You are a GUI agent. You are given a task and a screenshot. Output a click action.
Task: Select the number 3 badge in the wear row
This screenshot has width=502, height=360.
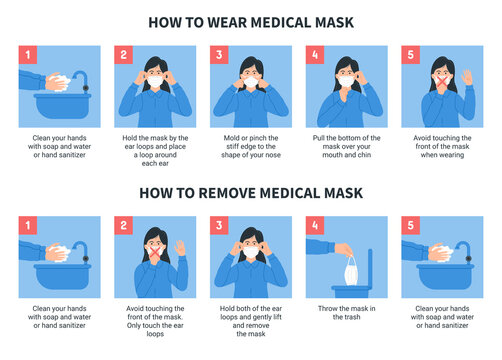(220, 55)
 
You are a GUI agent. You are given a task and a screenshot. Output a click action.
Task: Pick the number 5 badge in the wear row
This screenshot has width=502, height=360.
(411, 55)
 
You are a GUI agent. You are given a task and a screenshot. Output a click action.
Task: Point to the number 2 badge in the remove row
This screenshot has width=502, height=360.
(124, 226)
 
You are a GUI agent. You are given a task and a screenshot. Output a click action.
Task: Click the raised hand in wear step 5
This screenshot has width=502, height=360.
(467, 76)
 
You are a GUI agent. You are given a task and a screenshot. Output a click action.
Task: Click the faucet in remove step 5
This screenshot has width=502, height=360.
(467, 247)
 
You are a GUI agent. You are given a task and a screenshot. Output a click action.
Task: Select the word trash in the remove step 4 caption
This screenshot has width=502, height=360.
(355, 321)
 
